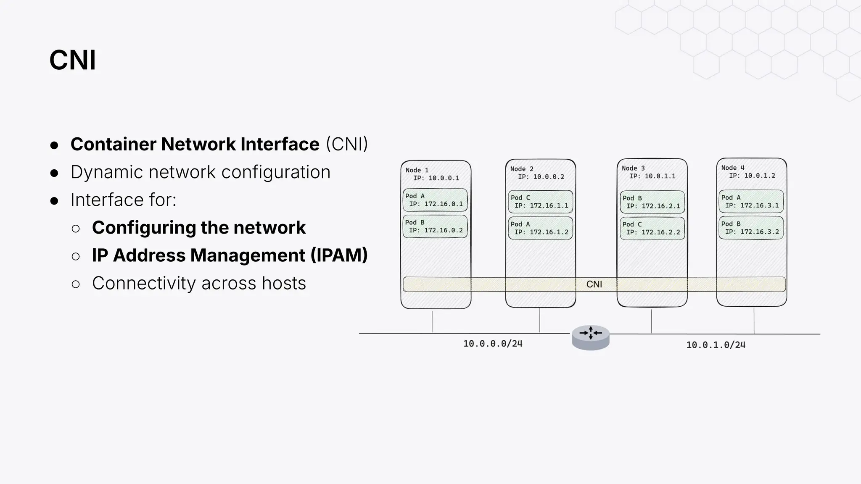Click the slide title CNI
click(72, 60)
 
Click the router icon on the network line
click(591, 337)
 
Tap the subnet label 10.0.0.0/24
click(493, 344)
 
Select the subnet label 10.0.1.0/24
click(716, 345)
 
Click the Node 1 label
click(417, 170)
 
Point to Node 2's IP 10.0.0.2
click(548, 177)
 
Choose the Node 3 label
click(633, 168)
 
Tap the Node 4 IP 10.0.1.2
click(759, 176)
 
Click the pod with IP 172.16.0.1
click(435, 200)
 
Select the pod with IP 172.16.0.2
click(435, 226)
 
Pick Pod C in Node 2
click(541, 202)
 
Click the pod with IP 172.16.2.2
click(652, 228)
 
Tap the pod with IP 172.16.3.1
click(751, 201)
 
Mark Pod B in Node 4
click(751, 228)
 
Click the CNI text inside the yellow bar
click(594, 284)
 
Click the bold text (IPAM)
click(339, 255)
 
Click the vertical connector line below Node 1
click(432, 321)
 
